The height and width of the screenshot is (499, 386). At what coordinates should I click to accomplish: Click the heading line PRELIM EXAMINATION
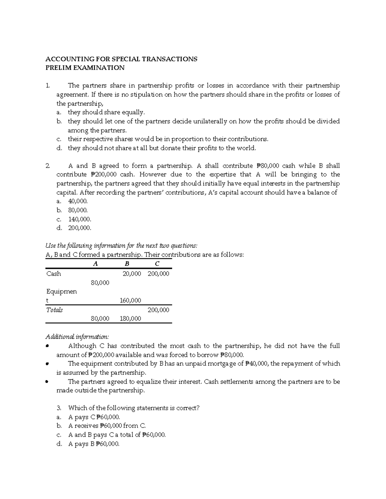85,68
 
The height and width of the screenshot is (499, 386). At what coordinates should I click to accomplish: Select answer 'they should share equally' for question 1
106,112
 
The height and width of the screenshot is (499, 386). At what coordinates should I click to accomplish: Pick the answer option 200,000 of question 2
79,228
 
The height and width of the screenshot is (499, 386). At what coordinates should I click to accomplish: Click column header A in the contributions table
95,264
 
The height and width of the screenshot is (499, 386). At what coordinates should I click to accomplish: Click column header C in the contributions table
157,264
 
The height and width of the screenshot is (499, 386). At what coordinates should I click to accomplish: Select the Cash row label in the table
54,274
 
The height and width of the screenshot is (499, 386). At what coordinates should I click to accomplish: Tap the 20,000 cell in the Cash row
132,274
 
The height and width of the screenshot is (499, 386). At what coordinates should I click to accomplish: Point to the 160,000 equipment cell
130,300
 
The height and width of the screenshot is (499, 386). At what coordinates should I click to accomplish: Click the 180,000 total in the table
130,319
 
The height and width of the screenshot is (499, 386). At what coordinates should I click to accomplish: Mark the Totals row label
55,310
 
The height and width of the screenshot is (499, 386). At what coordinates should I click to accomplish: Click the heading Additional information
77,337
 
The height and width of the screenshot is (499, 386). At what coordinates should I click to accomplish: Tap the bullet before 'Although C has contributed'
47,346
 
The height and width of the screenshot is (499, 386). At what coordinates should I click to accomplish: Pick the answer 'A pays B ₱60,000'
94,444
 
